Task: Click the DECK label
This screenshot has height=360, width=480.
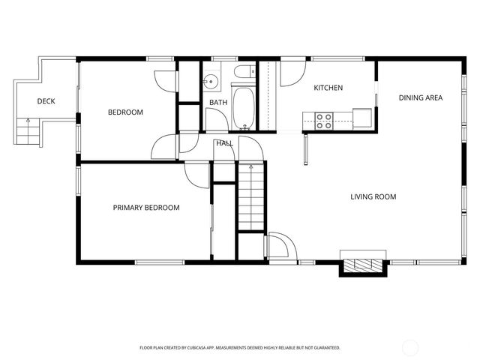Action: point(46,101)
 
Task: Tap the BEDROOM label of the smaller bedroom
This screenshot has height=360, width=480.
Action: point(125,112)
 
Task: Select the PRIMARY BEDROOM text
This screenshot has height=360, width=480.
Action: point(146,208)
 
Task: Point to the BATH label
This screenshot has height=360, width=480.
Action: point(218,103)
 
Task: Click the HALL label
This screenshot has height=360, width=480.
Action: point(224,142)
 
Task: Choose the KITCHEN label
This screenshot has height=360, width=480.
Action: point(328,88)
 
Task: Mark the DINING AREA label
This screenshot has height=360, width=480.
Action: point(420,97)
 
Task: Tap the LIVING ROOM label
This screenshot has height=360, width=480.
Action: point(373,197)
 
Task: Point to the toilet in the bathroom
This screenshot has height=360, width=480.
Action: point(241,73)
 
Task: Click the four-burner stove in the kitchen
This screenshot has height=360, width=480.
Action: point(324,120)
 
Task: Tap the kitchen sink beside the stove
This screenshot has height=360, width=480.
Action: point(361,118)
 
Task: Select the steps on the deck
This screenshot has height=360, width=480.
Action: point(27,134)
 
